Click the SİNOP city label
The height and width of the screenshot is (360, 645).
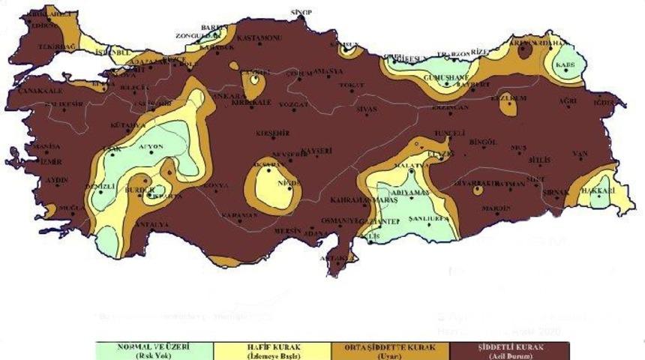click(301, 13)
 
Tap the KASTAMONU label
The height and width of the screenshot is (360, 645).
click(258, 37)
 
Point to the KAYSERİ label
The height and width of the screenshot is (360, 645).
click(316, 151)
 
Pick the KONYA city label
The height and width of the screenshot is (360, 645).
click(216, 184)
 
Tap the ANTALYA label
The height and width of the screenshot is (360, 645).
click(150, 224)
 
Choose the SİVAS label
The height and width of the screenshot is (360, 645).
click(365, 109)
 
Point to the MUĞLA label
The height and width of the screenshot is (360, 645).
click(72, 207)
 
